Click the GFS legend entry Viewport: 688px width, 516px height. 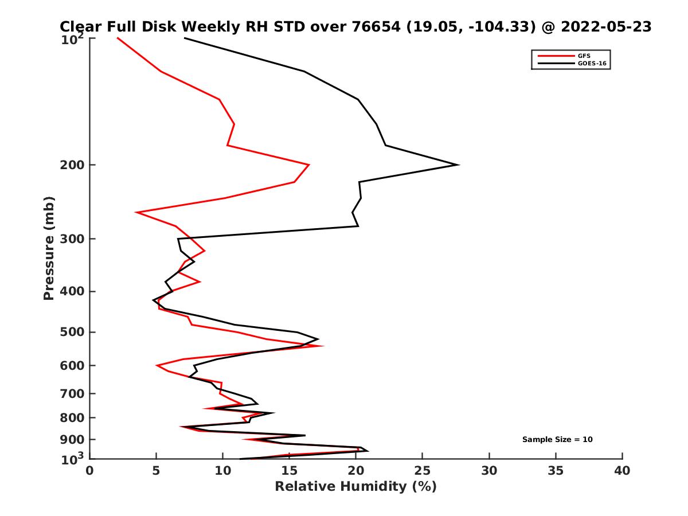tap(584, 56)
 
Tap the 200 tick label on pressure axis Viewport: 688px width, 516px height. tap(73, 165)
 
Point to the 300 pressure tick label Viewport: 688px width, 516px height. tap(73, 239)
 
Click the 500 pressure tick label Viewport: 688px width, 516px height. tap(73, 333)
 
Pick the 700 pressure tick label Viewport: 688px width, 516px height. tap(73, 394)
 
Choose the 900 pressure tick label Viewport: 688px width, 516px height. tap(73, 440)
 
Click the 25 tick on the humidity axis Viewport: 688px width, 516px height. tap(423, 471)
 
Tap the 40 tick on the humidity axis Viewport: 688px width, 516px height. tap(622, 471)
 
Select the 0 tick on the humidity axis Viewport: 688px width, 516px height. tap(90, 471)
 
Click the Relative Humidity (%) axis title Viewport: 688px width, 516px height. tap(355, 487)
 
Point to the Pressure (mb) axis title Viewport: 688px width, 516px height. tap(49, 248)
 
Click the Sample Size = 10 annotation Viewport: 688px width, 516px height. tap(557, 440)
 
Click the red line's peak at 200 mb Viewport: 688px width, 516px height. tap(309, 165)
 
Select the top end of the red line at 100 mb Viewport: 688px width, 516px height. tap(118, 38)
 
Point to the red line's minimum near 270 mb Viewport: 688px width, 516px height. tap(136, 212)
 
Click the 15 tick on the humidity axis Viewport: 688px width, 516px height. tap(290, 471)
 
